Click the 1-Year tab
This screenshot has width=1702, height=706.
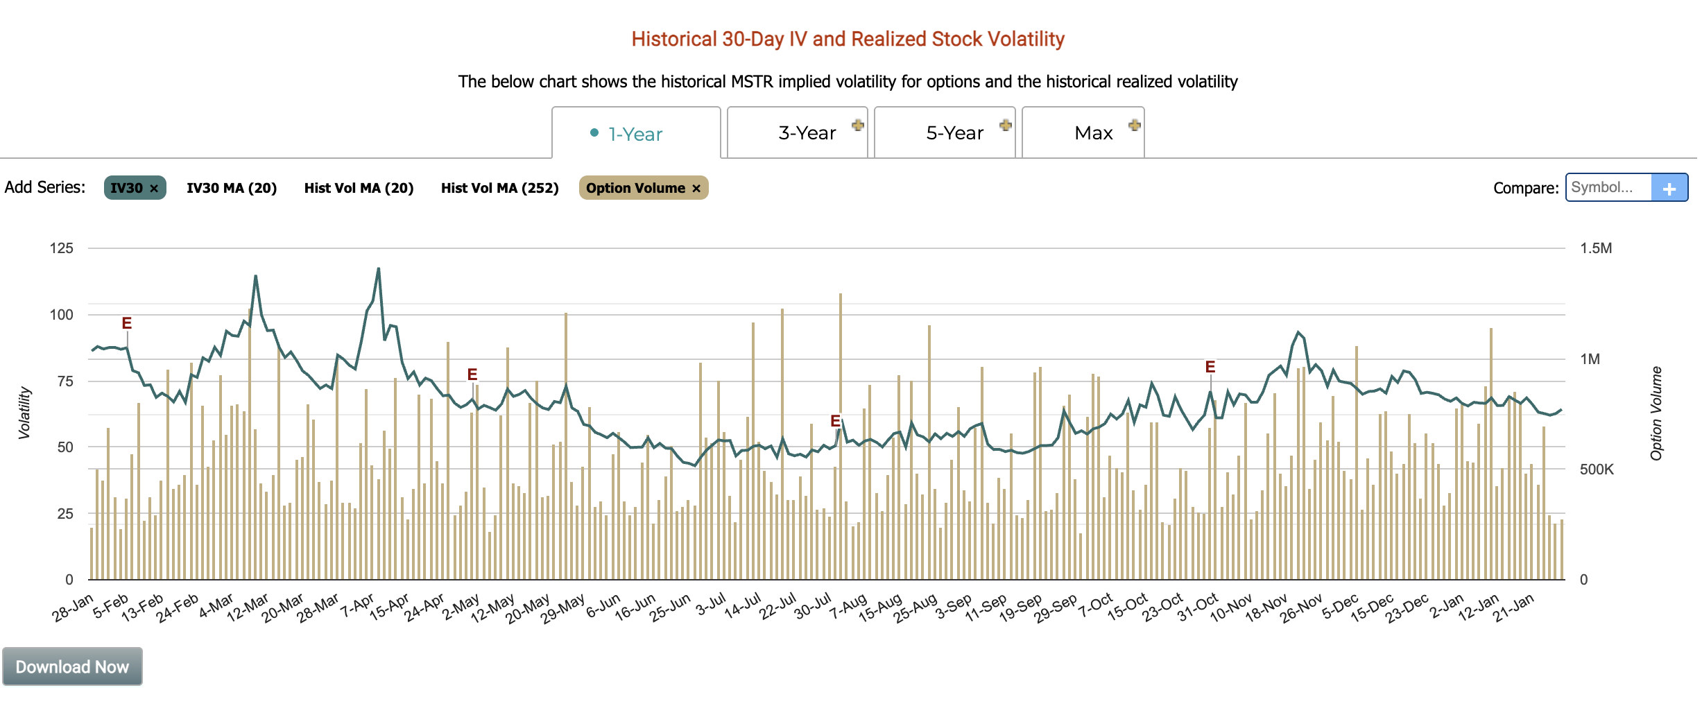tap(635, 134)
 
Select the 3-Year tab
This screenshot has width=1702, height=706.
tap(807, 133)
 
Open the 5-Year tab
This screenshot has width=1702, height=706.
tap(954, 133)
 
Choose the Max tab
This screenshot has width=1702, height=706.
tap(1093, 133)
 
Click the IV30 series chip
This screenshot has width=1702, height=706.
tap(127, 188)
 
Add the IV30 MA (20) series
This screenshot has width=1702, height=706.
tap(232, 188)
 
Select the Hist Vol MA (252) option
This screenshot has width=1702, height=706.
tap(499, 188)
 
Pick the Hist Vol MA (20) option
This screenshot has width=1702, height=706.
tap(359, 188)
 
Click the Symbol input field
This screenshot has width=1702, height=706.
tap(1608, 187)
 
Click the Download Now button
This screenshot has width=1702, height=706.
tap(72, 666)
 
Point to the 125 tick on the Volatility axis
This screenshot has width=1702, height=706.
tap(61, 248)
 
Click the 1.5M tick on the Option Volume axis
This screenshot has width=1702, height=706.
tap(1595, 248)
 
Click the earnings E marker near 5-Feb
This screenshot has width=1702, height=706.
tap(126, 323)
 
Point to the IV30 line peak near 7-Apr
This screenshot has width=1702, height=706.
tap(378, 268)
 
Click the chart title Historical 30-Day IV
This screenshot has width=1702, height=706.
tap(848, 39)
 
